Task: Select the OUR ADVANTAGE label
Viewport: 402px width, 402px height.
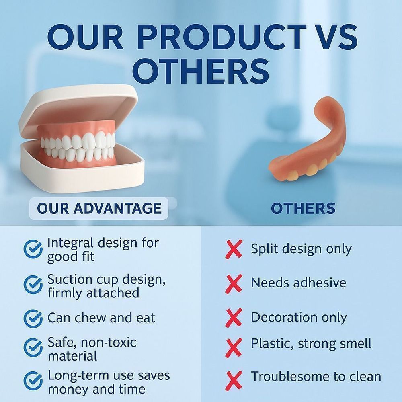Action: click(x=99, y=208)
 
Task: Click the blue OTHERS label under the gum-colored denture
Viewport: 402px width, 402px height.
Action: click(x=303, y=208)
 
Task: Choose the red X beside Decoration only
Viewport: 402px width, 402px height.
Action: click(x=234, y=318)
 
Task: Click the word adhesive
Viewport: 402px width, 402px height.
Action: click(x=319, y=283)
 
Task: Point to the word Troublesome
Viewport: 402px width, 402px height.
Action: click(x=287, y=377)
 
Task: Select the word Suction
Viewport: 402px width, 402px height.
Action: click(x=70, y=279)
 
